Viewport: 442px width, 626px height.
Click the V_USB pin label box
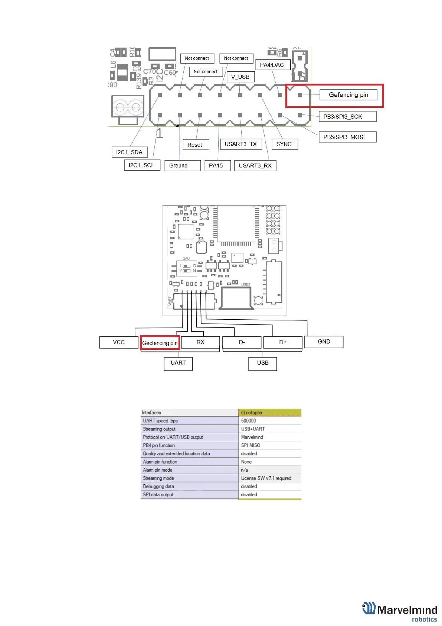click(x=240, y=77)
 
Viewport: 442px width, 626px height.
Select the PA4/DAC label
click(x=272, y=65)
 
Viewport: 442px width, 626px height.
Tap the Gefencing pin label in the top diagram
click(x=348, y=95)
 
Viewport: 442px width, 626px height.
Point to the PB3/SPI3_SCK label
click(x=343, y=117)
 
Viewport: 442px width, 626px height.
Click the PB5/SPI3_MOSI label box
click(x=344, y=137)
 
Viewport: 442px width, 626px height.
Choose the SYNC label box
click(x=284, y=144)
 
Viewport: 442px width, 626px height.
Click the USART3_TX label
click(x=240, y=144)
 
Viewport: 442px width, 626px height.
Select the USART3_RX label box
click(x=255, y=166)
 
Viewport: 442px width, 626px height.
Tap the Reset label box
click(x=195, y=145)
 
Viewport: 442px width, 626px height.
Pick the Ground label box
click(x=179, y=166)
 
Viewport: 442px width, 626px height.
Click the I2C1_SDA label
click(x=129, y=152)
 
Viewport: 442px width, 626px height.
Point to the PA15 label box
click(x=216, y=166)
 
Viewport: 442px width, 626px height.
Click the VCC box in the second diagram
click(x=119, y=342)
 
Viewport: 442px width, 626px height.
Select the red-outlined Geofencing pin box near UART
click(x=160, y=343)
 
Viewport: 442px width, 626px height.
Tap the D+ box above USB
click(x=283, y=342)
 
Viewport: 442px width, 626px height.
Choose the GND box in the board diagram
click(x=324, y=342)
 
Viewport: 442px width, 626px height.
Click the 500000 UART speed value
click(x=249, y=421)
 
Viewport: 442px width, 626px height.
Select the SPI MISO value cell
click(x=251, y=445)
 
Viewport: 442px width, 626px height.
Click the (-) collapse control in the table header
click(x=252, y=413)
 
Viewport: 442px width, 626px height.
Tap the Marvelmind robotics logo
click(x=400, y=612)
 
